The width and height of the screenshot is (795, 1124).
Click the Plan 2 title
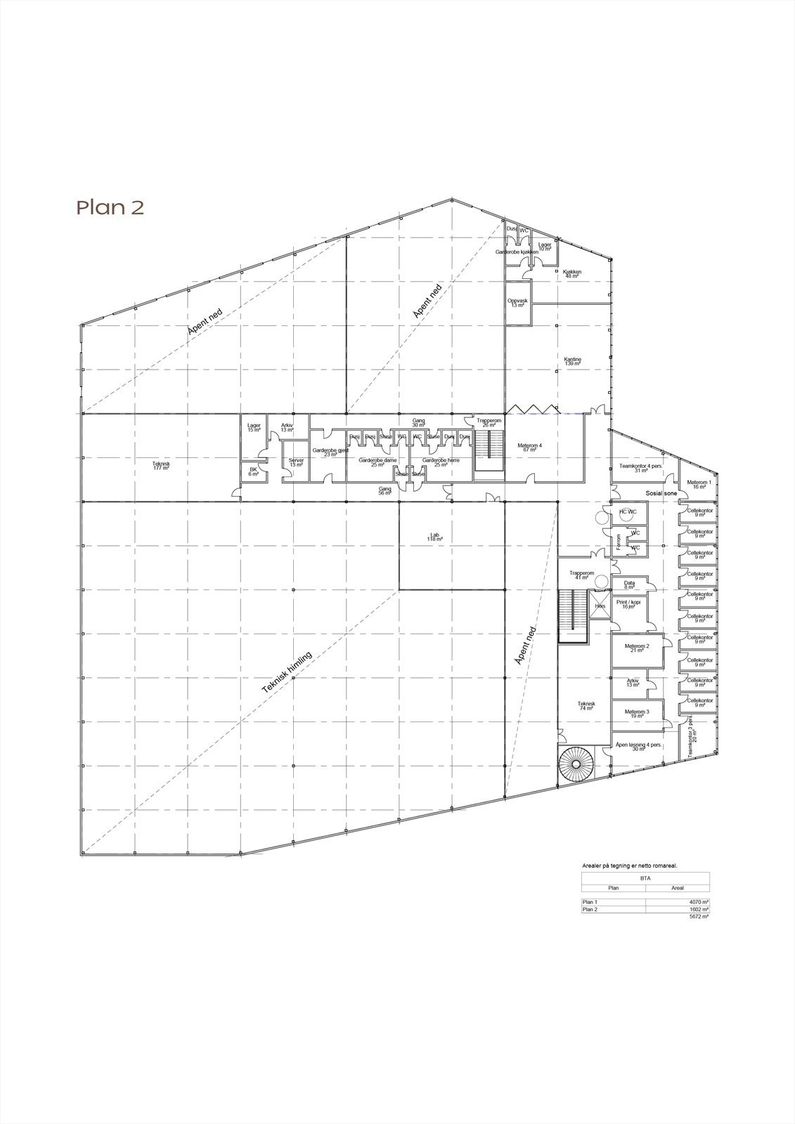pos(110,207)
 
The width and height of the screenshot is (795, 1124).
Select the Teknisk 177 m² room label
pos(161,465)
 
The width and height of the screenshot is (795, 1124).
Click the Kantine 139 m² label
pos(573,361)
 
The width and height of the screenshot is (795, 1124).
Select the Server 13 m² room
pos(296,463)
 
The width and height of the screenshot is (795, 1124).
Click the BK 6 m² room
pos(253,472)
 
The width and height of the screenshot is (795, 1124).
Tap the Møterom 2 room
pos(638,648)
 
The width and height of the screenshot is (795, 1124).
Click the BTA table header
pos(645,877)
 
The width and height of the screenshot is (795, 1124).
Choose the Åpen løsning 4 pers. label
pos(638,747)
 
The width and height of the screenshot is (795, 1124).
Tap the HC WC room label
pos(627,512)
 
